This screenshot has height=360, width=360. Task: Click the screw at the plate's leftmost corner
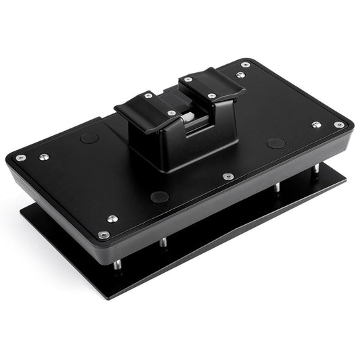(x=20, y=157)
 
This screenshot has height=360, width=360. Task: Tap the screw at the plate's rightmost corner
(x=339, y=124)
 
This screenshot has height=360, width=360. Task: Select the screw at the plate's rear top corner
(x=245, y=64)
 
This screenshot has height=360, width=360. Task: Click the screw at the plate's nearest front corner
(x=103, y=234)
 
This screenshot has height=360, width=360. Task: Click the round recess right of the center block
(x=275, y=143)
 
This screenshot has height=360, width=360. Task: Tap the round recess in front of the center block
(x=159, y=197)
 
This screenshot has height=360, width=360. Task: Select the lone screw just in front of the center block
(x=228, y=176)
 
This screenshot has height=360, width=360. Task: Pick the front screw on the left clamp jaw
(x=172, y=113)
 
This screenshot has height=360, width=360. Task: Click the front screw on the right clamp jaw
(x=212, y=96)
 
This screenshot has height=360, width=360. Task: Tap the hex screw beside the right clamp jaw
(x=240, y=72)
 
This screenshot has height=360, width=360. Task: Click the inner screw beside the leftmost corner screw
(x=44, y=157)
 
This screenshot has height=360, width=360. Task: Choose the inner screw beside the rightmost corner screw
(x=315, y=124)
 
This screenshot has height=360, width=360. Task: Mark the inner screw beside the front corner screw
(x=112, y=219)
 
